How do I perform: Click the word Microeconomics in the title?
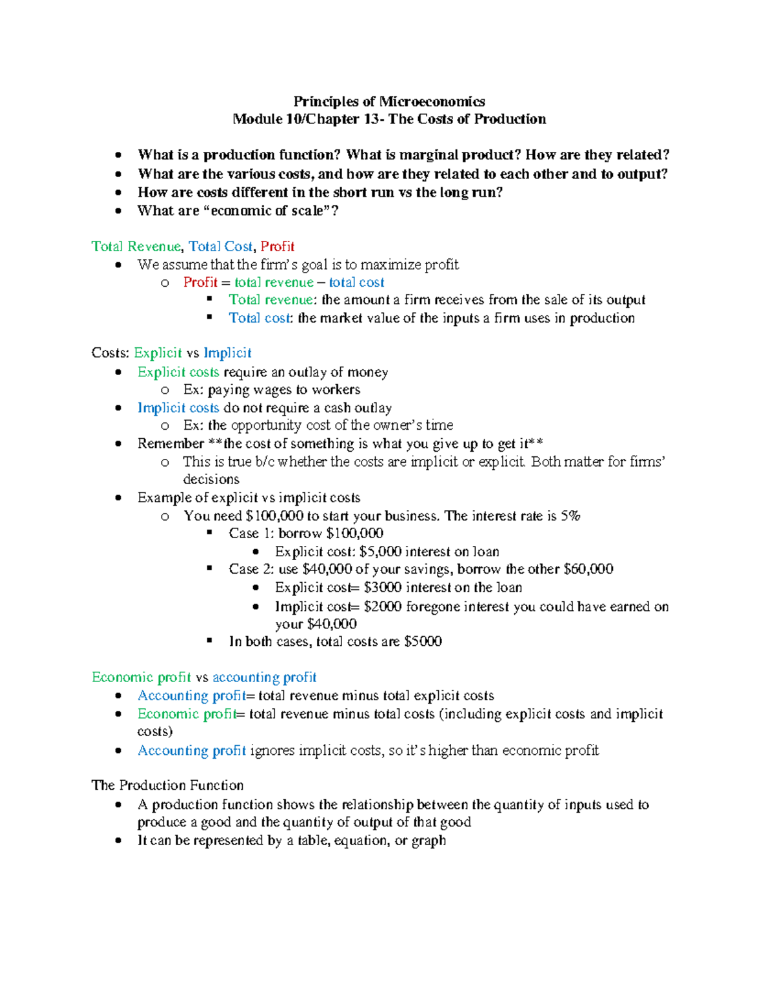[432, 101]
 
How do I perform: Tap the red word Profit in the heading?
[277, 247]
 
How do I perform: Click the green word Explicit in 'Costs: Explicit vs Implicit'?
[158, 353]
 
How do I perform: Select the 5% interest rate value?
[571, 516]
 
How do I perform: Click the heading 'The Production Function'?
[167, 785]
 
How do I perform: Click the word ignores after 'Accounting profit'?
[272, 751]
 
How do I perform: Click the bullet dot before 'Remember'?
[118, 444]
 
